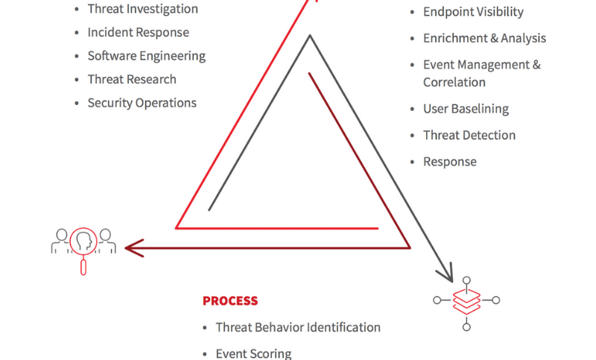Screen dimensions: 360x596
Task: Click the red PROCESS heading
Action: pos(230,301)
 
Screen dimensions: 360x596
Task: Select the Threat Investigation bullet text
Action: pos(142,9)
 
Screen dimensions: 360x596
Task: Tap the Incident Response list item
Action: pos(138,33)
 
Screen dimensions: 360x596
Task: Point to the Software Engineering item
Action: pos(146,56)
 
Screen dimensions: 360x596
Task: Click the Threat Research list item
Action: pos(132,79)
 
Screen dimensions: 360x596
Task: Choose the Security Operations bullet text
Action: pos(142,103)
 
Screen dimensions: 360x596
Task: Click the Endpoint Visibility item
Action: pos(473,12)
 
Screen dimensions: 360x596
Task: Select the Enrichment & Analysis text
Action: pos(484,38)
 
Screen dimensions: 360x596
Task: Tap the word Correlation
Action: pos(454,82)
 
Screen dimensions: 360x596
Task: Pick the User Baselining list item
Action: pos(466,109)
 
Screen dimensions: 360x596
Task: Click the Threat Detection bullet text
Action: pos(469,135)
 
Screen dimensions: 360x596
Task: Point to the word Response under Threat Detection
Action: pos(450,162)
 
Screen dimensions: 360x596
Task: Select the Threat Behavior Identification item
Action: pos(298,327)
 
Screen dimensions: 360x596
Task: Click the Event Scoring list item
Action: pos(253,353)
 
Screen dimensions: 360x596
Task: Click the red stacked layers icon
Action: pos(466,300)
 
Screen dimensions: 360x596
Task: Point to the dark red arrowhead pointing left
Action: pos(133,247)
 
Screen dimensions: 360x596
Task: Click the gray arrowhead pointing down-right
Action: pos(448,273)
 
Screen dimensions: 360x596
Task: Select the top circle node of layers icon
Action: pos(466,280)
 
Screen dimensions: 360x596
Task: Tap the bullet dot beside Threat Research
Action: pos(77,80)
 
